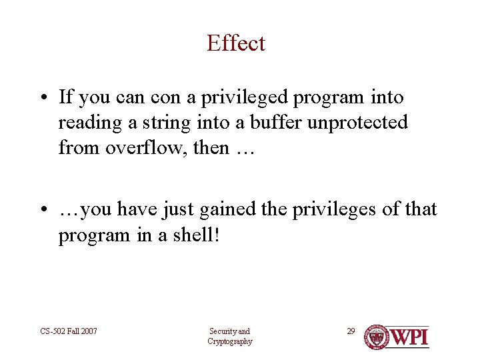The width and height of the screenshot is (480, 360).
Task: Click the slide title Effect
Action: pos(236,43)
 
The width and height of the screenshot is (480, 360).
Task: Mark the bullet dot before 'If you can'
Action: pos(43,99)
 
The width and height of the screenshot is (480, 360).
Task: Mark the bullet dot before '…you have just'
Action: pos(43,211)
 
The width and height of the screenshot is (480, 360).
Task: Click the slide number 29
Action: pos(351,331)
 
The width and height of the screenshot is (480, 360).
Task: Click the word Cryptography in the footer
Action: pos(230,341)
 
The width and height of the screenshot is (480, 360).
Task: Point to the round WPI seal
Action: pos(377,337)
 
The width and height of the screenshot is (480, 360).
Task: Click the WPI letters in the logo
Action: pos(410,337)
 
